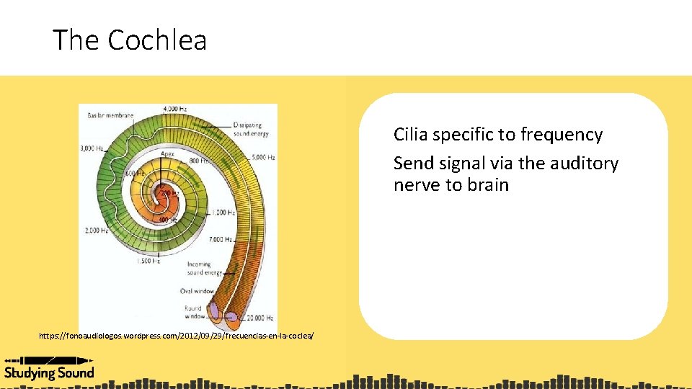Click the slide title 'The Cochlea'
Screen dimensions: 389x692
(x=130, y=40)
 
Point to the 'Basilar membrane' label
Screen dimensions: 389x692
(x=105, y=115)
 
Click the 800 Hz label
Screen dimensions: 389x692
(x=198, y=161)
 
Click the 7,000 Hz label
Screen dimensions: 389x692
(x=219, y=239)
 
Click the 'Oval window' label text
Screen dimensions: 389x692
(x=196, y=291)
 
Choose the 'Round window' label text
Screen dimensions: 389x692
(x=192, y=312)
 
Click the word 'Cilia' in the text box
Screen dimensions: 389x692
(x=410, y=135)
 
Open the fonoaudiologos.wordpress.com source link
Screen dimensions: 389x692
(x=177, y=336)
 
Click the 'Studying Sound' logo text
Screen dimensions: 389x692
(x=49, y=372)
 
